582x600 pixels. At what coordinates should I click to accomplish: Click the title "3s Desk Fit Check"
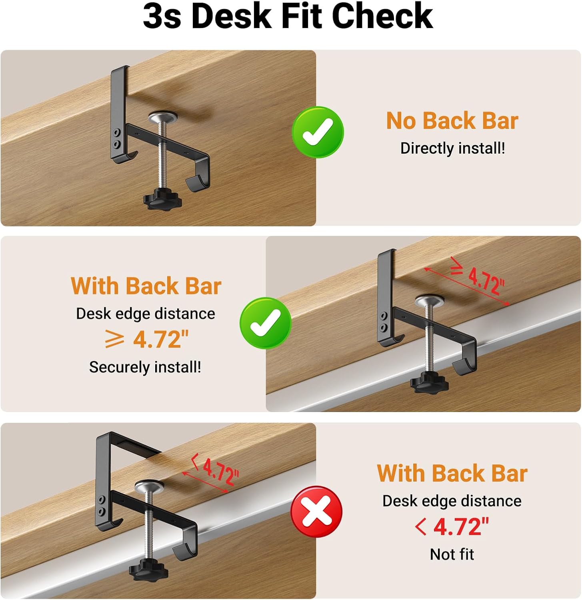pos(288,16)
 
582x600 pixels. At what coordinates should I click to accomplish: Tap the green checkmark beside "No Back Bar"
pos(318,132)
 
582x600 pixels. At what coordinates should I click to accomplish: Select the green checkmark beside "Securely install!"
pos(266,323)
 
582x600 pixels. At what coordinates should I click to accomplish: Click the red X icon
pos(316,512)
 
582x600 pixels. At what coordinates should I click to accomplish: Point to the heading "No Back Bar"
pos(452,120)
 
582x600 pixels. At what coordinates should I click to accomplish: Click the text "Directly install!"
pos(452,148)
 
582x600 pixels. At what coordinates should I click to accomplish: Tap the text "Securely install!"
pos(145,367)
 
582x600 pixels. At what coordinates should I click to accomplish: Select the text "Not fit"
pos(452,554)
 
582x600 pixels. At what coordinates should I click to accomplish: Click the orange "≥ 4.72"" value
pos(146,340)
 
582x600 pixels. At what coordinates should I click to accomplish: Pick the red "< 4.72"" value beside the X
pos(452,527)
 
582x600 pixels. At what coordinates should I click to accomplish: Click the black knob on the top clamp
pos(163,198)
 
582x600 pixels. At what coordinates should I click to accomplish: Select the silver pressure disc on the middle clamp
pos(430,301)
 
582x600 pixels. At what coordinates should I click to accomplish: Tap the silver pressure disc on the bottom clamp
pos(149,487)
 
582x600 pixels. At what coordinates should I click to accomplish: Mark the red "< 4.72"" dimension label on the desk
pos(216,470)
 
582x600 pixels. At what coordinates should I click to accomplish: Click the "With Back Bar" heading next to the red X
pos(452,473)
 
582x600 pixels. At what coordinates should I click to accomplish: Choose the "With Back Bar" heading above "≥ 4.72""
pos(146,286)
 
